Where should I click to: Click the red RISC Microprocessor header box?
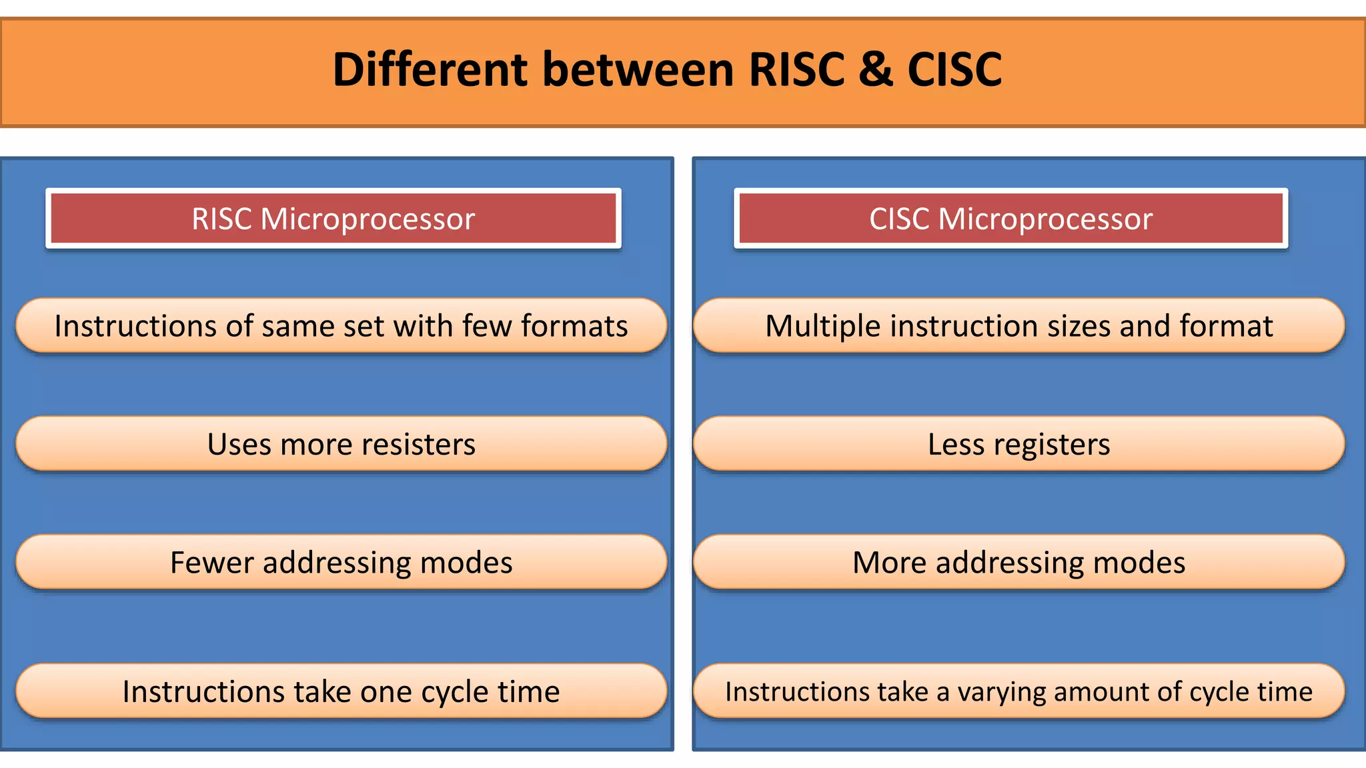[x=333, y=219]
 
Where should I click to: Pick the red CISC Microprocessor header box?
[x=1010, y=219]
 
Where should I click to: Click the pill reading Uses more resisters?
[x=341, y=444]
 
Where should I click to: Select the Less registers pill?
[x=1018, y=444]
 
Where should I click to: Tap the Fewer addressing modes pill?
[x=341, y=562]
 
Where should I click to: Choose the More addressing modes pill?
[x=1018, y=562]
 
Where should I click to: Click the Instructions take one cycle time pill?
[x=341, y=691]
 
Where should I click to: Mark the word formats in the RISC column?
[x=574, y=327]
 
